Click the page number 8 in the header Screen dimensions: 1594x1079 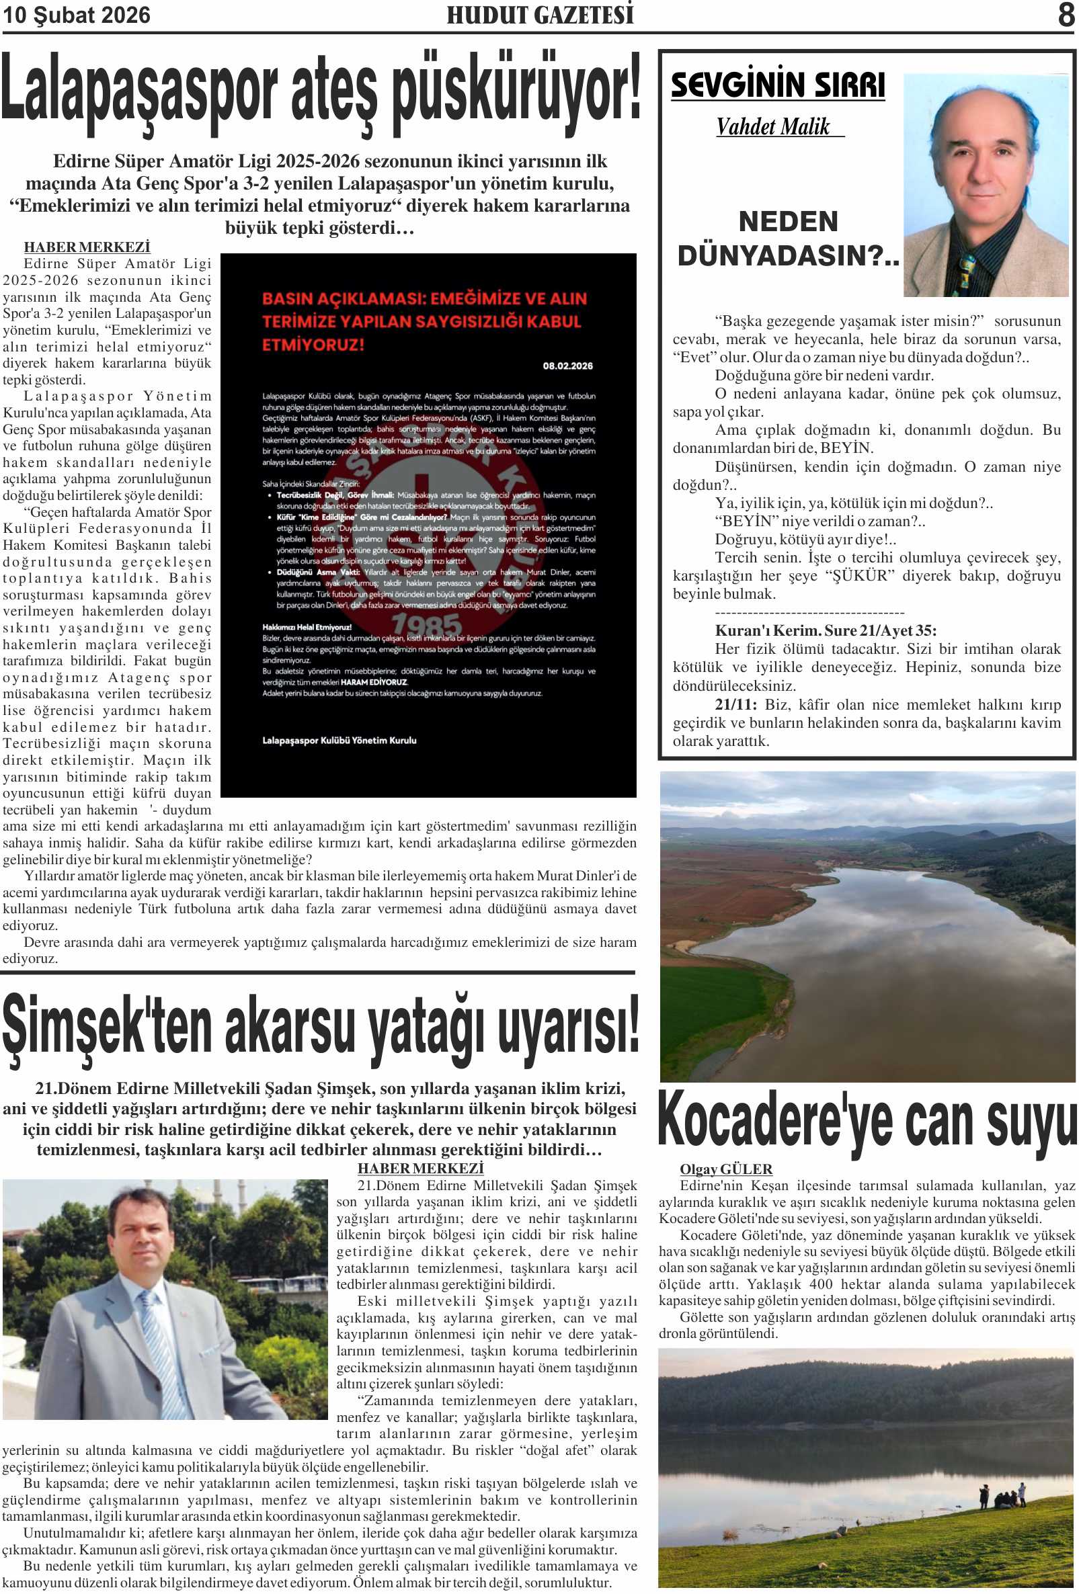tap(1066, 14)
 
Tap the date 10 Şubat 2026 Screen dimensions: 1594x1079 tap(76, 15)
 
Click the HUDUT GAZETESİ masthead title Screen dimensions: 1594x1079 tap(540, 15)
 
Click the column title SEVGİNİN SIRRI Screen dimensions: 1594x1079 tap(777, 86)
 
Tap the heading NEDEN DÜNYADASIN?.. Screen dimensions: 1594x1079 tap(788, 239)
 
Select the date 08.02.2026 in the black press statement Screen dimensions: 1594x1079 tap(567, 366)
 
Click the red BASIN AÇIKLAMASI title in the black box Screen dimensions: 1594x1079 tap(424, 321)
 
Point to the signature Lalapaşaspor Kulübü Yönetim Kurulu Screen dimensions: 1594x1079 tap(339, 740)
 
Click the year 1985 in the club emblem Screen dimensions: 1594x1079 tap(426, 624)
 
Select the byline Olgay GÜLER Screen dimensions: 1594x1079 tap(726, 1169)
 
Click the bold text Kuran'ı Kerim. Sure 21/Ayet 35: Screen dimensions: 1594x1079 tap(825, 630)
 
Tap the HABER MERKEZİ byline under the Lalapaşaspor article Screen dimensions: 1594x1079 tap(87, 247)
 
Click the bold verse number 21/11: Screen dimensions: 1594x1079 tap(735, 704)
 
